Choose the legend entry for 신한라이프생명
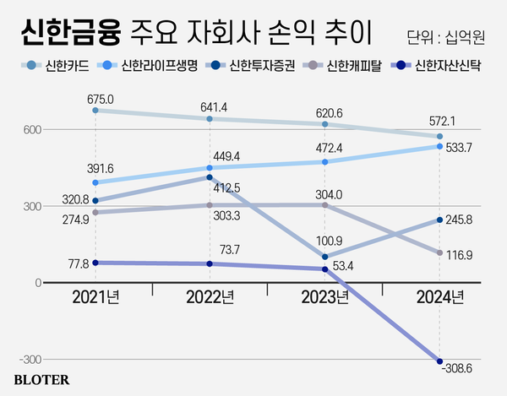point(150,66)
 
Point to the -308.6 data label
point(458,370)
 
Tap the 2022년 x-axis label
point(210,297)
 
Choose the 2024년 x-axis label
point(440,297)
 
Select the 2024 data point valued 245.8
point(440,220)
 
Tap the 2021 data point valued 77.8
point(95,263)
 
